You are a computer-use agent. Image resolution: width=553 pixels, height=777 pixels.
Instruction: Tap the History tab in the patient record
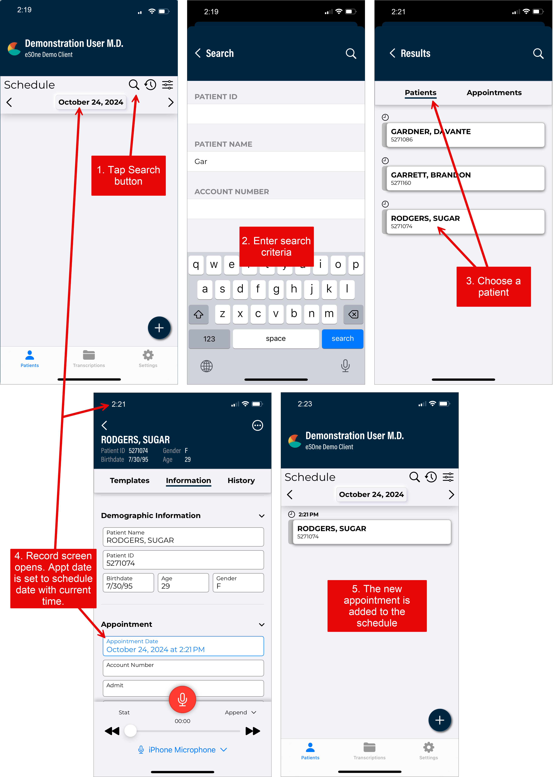[x=241, y=480]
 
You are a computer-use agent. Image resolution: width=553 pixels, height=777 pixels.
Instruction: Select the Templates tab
[x=129, y=480]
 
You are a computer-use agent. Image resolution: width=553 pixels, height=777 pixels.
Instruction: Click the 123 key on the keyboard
[x=209, y=339]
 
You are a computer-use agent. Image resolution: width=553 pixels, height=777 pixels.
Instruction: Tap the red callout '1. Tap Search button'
[x=128, y=176]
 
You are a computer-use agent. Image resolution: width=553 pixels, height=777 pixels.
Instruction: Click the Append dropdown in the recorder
[x=240, y=712]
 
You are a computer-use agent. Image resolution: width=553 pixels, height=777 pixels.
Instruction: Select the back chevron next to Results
[x=392, y=53]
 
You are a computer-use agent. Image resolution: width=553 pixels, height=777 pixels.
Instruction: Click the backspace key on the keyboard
[x=353, y=314]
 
